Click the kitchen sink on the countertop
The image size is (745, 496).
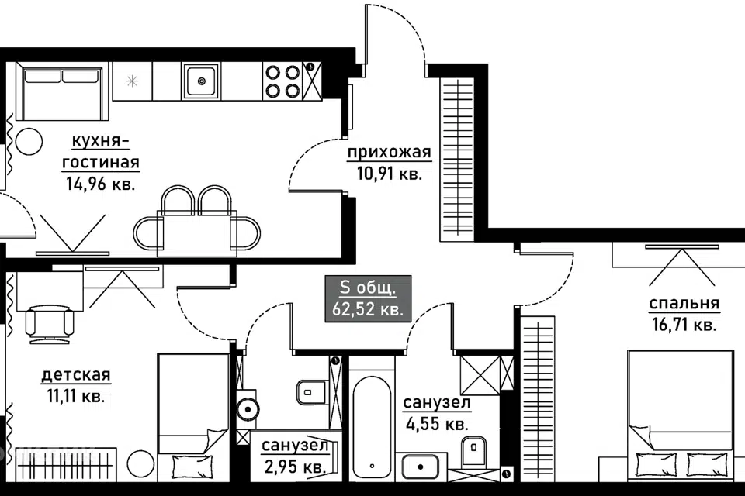(201, 81)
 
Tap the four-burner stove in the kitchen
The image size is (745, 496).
(282, 81)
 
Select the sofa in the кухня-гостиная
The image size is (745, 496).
(62, 91)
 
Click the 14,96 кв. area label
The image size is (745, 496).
(101, 184)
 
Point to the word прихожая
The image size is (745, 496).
(389, 153)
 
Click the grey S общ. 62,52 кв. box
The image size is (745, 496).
(368, 298)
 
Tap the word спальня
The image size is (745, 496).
(684, 303)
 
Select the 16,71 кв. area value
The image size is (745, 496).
(684, 325)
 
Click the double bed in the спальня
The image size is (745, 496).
(681, 416)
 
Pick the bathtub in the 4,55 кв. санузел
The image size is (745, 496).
(372, 429)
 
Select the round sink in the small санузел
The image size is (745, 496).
(247, 407)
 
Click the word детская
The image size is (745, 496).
(76, 375)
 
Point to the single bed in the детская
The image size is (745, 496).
(193, 417)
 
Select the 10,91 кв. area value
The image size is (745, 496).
(390, 174)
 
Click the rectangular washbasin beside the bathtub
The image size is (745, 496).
(421, 467)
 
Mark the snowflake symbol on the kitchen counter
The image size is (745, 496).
(132, 81)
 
